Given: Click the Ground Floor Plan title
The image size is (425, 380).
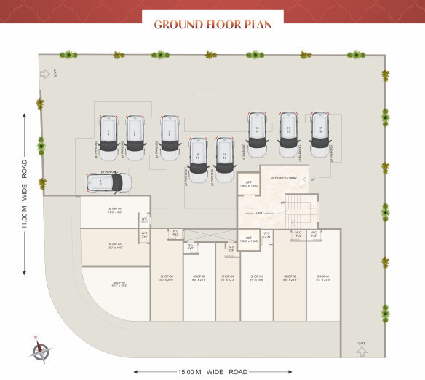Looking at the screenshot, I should pos(212,24).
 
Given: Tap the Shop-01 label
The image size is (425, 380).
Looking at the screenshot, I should pos(323,278).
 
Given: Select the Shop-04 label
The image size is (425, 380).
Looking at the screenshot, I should pos(227,278).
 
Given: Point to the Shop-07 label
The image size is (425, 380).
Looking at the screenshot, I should pos(119,284).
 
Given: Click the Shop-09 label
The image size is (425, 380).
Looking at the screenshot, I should pos(115,211).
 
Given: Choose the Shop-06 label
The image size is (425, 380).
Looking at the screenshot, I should pos(166,278).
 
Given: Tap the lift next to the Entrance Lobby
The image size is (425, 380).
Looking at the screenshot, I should pos(248,185).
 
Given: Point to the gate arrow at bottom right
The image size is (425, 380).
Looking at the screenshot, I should pos(362,352).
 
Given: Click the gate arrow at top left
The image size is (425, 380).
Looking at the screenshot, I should pos(45,73).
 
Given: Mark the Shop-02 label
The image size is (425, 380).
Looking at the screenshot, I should pos(289,278).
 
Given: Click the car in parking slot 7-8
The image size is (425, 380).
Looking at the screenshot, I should pos(170,133).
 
